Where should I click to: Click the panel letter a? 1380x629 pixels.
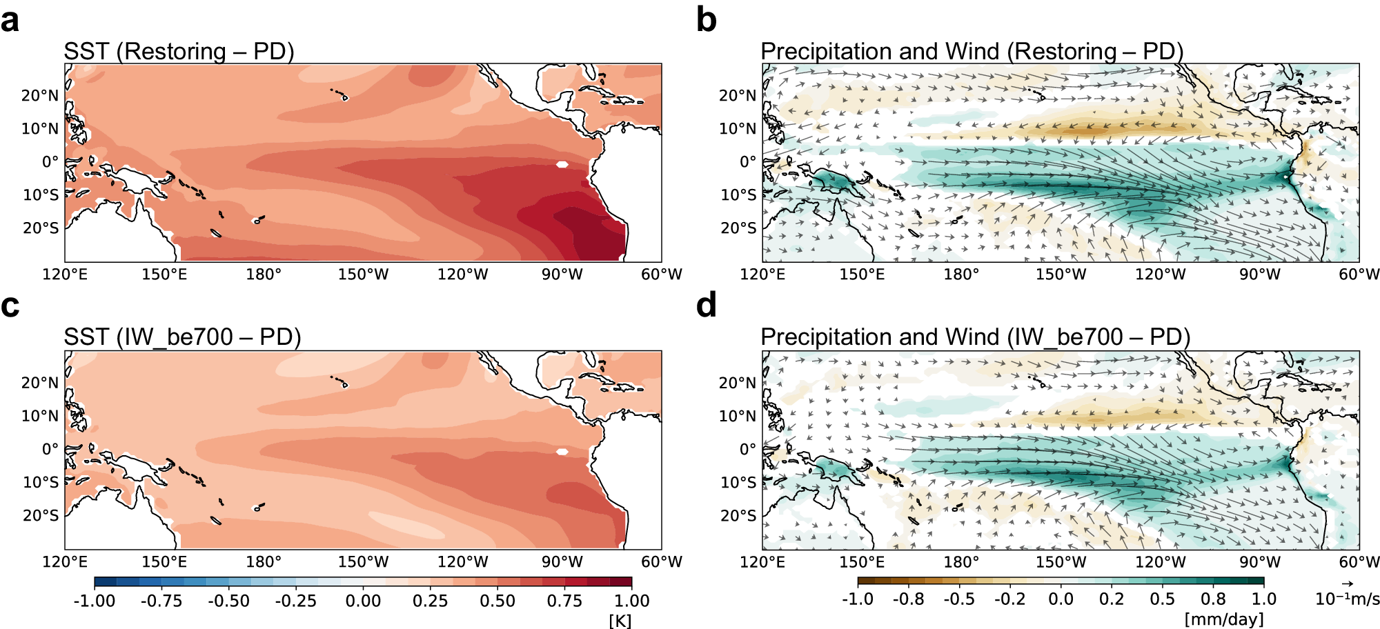tap(10, 20)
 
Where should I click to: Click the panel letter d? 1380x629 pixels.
tap(707, 305)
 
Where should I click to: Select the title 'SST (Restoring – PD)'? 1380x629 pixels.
tap(179, 52)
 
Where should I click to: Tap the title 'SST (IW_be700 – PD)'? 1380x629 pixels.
tap(183, 337)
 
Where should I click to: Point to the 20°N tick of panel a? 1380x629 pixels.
tap(40, 96)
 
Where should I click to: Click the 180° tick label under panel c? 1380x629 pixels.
tap(264, 561)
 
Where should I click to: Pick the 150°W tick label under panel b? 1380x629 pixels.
tap(1061, 274)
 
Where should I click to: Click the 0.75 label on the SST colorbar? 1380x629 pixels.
tap(565, 601)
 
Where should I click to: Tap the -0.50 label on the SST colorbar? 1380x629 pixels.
tap(229, 601)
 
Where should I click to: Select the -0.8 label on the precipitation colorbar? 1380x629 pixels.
tap(908, 599)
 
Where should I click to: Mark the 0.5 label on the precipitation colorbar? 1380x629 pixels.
tap(1163, 599)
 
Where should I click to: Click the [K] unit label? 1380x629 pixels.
tap(620, 621)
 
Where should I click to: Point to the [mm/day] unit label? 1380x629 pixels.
tap(1224, 619)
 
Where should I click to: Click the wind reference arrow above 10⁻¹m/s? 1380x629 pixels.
tap(1348, 584)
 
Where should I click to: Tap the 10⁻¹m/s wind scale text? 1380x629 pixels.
tap(1348, 599)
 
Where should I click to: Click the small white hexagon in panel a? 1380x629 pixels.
tap(562, 164)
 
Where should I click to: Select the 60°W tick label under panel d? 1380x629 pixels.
tap(1359, 561)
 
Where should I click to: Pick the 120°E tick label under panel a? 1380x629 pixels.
tap(65, 274)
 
